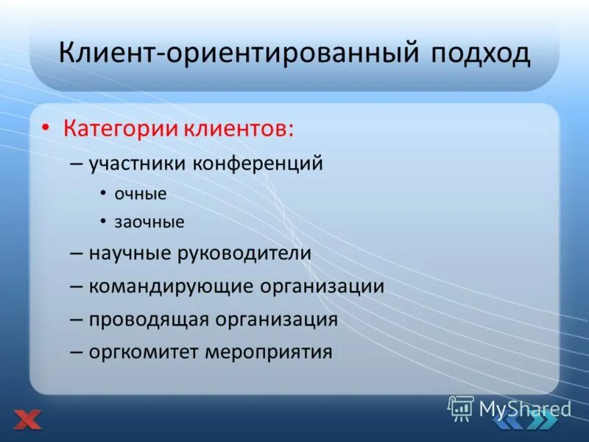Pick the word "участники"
tap(138, 164)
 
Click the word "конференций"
tap(258, 164)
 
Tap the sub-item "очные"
tap(141, 194)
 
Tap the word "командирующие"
tap(172, 286)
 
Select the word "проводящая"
tap(149, 319)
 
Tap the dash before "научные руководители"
tap(77, 253)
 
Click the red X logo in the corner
tap(27, 419)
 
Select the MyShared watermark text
tap(525, 409)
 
